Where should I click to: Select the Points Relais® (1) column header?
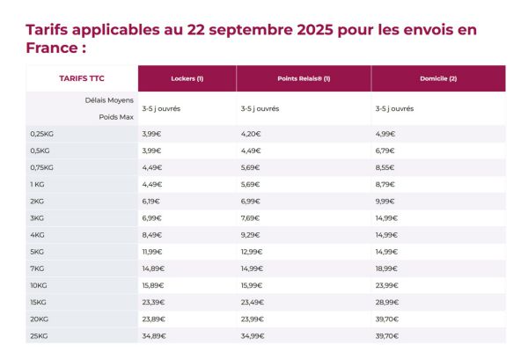pyautogui.click(x=304, y=78)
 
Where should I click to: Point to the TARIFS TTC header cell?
pyautogui.click(x=81, y=78)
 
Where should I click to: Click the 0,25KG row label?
pyautogui.click(x=42, y=134)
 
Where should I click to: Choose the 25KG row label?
pyautogui.click(x=40, y=335)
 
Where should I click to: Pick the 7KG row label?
pyautogui.click(x=38, y=268)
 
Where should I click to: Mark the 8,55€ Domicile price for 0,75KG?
pyautogui.click(x=385, y=167)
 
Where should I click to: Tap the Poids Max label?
pyautogui.click(x=114, y=116)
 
